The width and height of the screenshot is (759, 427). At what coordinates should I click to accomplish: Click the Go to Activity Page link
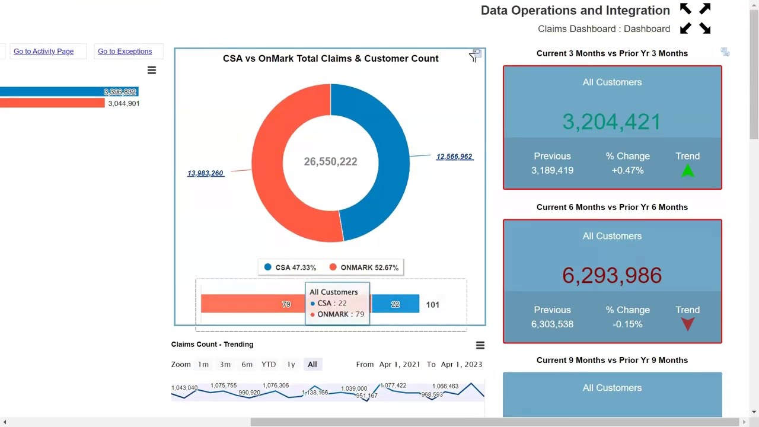pos(43,52)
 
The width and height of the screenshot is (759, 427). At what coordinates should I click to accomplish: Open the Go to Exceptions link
pos(125,52)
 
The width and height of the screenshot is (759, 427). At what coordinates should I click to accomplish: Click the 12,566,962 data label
pos(454,157)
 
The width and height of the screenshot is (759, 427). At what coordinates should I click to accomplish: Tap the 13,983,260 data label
pos(205,173)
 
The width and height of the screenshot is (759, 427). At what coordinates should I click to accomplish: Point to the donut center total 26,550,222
pos(330,161)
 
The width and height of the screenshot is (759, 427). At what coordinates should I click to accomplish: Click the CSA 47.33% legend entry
pos(290,267)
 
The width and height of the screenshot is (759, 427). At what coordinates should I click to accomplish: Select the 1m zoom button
pos(203,364)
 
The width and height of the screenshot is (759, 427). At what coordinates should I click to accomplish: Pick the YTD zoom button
pos(269,364)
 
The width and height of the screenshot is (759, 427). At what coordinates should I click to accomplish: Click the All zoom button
pos(312,364)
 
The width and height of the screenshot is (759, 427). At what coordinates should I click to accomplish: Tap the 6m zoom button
pos(247,364)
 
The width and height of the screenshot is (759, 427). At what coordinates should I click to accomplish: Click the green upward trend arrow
pos(687,171)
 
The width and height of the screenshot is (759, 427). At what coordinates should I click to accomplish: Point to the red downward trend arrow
pos(687,324)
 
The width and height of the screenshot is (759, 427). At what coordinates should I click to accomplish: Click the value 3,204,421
pos(611,122)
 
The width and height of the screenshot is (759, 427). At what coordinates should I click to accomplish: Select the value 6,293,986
pos(611,275)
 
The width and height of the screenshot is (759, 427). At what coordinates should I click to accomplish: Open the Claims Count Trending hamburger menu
pos(480,345)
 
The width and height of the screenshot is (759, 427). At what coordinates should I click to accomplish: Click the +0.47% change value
pos(627,170)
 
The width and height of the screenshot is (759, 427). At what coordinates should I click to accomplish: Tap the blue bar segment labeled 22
pos(396,304)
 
